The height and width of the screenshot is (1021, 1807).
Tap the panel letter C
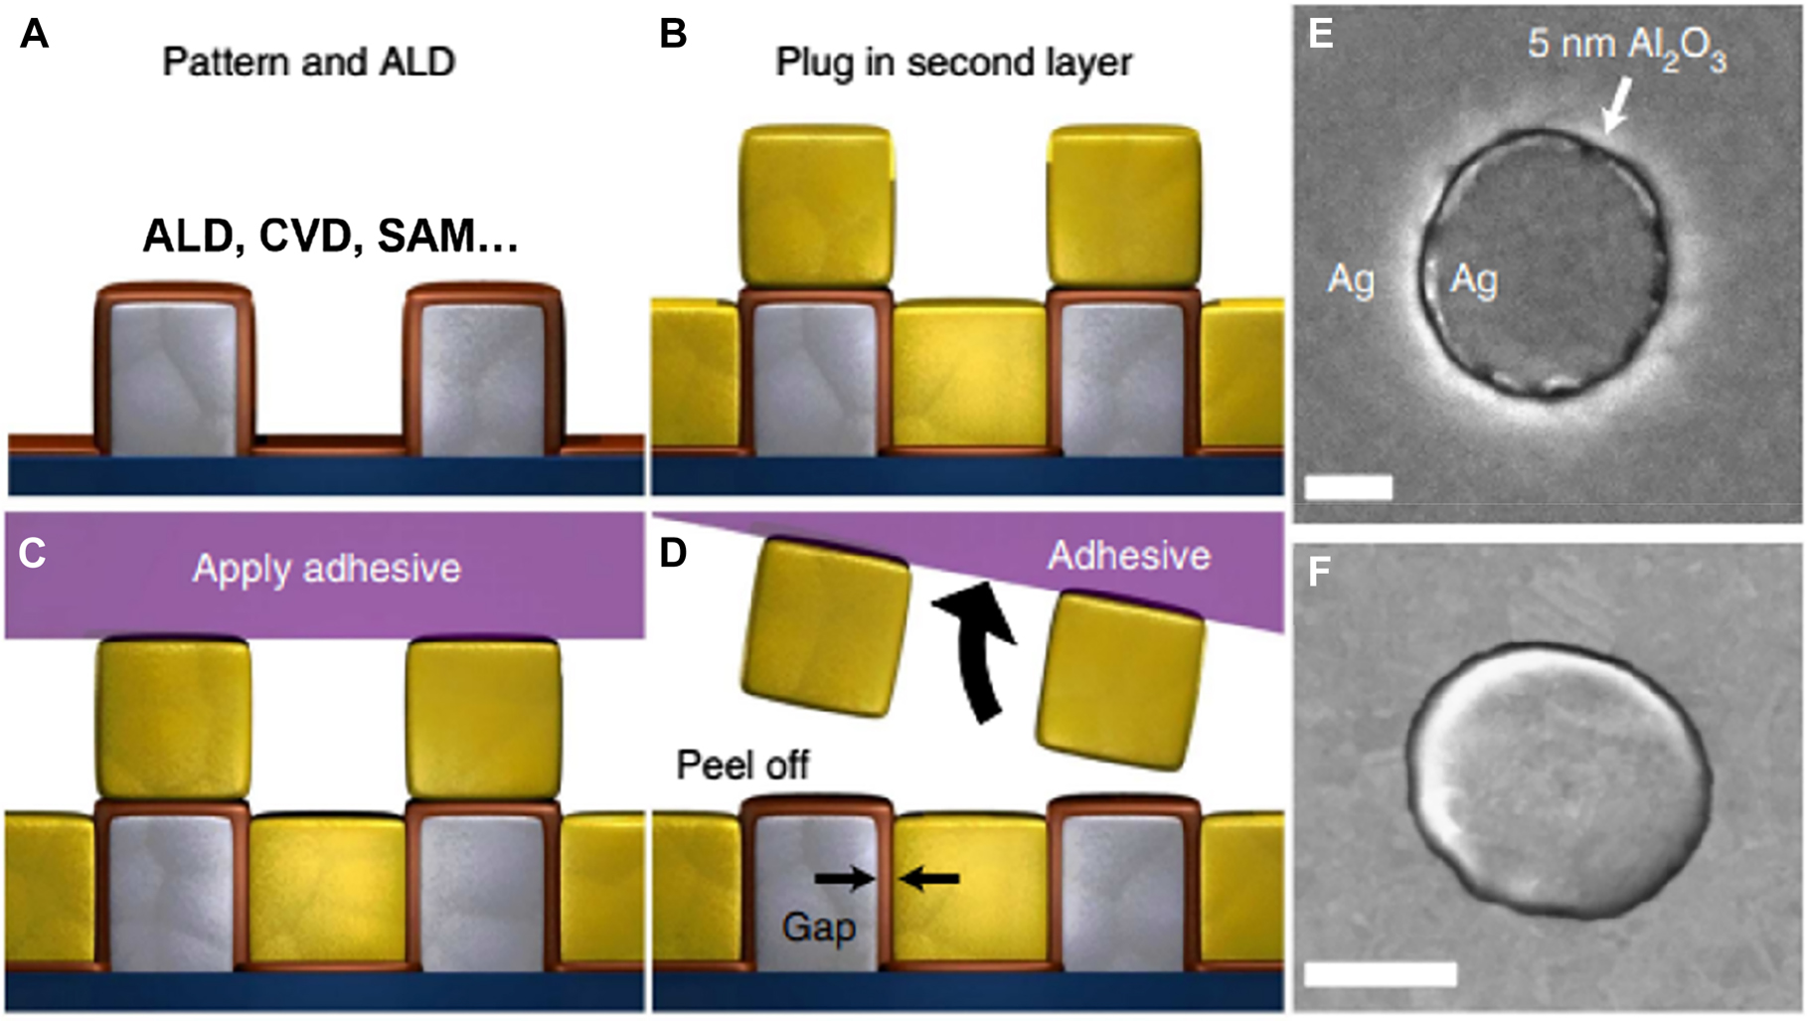click(x=32, y=553)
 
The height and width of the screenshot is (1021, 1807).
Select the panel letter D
click(x=673, y=553)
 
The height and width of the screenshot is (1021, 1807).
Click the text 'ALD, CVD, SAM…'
click(x=330, y=237)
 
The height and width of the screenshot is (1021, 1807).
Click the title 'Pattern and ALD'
click(x=308, y=62)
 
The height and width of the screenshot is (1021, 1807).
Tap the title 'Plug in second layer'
click(x=953, y=62)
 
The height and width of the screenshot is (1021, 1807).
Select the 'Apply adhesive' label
click(x=326, y=569)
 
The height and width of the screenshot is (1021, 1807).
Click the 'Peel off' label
click(x=742, y=765)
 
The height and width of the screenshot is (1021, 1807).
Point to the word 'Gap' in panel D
click(x=818, y=928)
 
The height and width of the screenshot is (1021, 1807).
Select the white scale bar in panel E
click(x=1348, y=487)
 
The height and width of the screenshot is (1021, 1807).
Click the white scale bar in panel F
click(x=1380, y=972)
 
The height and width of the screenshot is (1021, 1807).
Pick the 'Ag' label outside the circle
click(x=1351, y=280)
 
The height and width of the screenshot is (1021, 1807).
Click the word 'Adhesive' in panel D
click(x=1128, y=555)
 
